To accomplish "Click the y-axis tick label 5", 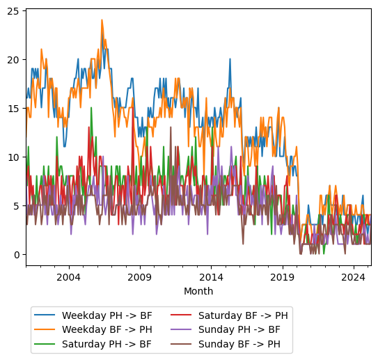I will click(x=16, y=206).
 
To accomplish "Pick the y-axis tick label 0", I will click(x=16, y=255).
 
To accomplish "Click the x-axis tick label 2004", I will click(x=68, y=277).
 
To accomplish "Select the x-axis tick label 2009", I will click(x=140, y=277).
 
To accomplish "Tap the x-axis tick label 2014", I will click(x=211, y=277).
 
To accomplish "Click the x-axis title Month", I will click(x=198, y=291).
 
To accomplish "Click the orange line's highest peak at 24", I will click(x=102, y=20).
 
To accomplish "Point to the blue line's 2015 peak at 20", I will click(x=230, y=59).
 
